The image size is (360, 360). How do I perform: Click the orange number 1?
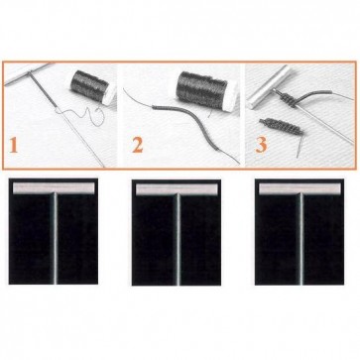point(13,146)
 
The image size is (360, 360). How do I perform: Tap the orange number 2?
point(138,146)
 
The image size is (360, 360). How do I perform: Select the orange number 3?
point(261,146)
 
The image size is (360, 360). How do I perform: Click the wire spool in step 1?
point(91,86)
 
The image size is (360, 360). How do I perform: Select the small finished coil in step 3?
point(281,127)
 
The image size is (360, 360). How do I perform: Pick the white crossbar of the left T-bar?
point(54,188)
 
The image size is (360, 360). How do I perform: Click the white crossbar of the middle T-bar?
point(177,189)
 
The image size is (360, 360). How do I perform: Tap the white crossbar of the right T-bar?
point(300,188)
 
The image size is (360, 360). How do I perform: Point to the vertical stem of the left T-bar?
point(55,239)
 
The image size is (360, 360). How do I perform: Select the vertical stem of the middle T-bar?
point(179,240)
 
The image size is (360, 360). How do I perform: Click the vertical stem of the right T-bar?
point(301,240)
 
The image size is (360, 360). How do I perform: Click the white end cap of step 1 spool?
point(110,95)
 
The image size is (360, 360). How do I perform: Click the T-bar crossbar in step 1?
point(27,73)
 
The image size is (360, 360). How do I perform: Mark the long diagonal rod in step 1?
point(66,119)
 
